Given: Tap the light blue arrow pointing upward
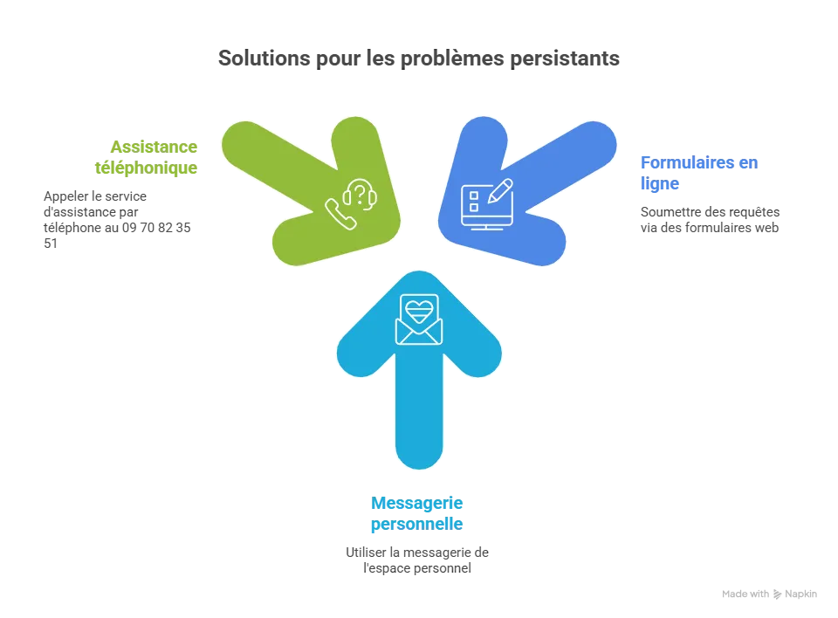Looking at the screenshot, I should [419, 384].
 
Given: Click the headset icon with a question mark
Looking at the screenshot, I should [361, 193].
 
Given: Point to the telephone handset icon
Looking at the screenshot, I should [339, 214].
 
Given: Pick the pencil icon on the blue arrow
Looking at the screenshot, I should [500, 190].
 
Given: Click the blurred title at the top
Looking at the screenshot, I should [419, 60].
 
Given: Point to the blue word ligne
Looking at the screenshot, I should [659, 184].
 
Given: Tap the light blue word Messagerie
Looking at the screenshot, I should [418, 503].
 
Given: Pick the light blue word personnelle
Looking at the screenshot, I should [416, 525].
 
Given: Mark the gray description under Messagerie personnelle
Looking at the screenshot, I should [416, 560].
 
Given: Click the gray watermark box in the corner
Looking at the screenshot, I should [768, 594].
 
